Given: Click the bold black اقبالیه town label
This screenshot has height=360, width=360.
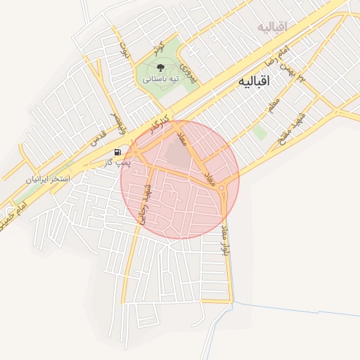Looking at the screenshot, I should coord(254,82).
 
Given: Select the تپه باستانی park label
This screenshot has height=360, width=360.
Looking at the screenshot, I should coord(161,79).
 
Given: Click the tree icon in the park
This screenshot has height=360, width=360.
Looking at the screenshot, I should coord(161,68).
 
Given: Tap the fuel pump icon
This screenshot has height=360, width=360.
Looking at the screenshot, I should coord(117,152).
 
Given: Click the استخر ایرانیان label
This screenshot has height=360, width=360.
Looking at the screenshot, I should coord(49,179).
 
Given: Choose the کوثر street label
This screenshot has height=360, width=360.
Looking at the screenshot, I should coord(158,49).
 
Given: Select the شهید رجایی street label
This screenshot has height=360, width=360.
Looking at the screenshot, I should coord(146,204).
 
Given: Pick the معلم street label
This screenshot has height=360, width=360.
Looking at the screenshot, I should coord(274,105).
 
